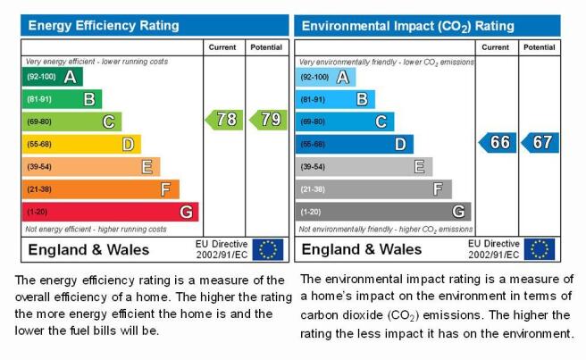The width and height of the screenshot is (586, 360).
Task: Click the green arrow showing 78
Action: tap(224, 120)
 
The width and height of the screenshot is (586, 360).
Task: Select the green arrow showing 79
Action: tap(268, 120)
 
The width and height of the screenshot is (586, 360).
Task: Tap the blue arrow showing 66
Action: tap(498, 142)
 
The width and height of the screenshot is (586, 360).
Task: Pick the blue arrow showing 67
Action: tap(540, 142)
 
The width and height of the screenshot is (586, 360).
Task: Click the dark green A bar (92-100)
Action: tap(53, 77)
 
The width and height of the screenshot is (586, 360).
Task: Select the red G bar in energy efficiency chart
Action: tap(110, 212)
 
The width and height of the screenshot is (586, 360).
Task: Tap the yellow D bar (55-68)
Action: tap(81, 145)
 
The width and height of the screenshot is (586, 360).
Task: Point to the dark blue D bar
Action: tap(355, 145)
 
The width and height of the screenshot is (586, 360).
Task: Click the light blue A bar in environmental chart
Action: tap(325, 78)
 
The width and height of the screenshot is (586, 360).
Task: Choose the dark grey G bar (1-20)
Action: tap(383, 212)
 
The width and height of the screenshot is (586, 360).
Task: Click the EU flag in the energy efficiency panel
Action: tap(268, 250)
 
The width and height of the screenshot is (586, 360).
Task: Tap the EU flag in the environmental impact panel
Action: tap(540, 249)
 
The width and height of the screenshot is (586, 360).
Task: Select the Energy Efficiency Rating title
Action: tap(104, 25)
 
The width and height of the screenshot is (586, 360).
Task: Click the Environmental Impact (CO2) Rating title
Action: tap(407, 26)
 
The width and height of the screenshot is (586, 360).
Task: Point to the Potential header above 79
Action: tap(266, 47)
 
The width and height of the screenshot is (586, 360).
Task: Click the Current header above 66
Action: tap(495, 47)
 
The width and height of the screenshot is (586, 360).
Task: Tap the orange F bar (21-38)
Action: tap(101, 189)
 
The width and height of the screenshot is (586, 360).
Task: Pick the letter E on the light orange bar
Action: tap(146, 167)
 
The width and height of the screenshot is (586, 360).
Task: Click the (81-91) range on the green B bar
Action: tap(39, 99)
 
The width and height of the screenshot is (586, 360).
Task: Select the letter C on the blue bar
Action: tap(381, 121)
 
